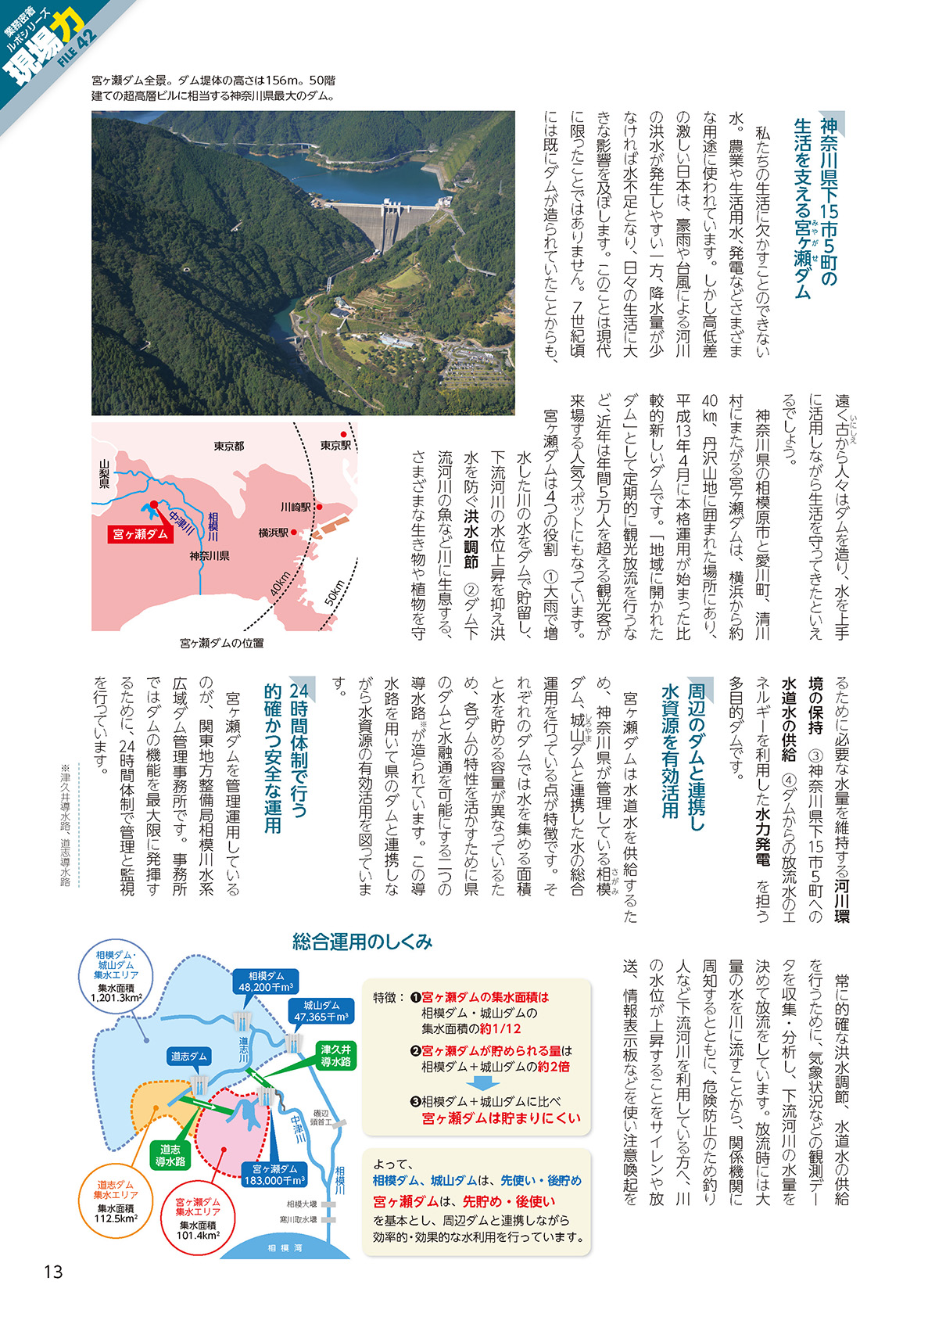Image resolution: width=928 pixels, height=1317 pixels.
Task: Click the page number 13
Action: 52,1272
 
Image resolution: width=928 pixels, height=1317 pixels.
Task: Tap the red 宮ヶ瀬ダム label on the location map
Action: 140,534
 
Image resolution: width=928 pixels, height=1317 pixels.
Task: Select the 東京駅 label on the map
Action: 335,445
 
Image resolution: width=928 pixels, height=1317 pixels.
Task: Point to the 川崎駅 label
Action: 296,507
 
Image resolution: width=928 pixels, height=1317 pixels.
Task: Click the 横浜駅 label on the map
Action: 274,533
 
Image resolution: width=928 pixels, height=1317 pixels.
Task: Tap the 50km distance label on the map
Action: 335,592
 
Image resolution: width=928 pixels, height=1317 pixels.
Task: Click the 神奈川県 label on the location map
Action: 209,556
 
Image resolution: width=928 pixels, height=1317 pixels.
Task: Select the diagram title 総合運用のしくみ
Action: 362,942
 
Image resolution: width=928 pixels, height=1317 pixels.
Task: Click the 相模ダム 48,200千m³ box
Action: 266,981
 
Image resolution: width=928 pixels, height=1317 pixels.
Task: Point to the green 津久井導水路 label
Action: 335,1055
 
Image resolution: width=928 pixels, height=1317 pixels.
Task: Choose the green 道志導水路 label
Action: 170,1155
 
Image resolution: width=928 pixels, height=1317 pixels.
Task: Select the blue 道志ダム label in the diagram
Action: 188,1057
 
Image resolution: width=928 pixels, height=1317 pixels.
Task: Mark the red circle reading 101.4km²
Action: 197,1219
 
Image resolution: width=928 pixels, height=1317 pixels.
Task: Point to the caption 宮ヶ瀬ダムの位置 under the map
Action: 222,643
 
